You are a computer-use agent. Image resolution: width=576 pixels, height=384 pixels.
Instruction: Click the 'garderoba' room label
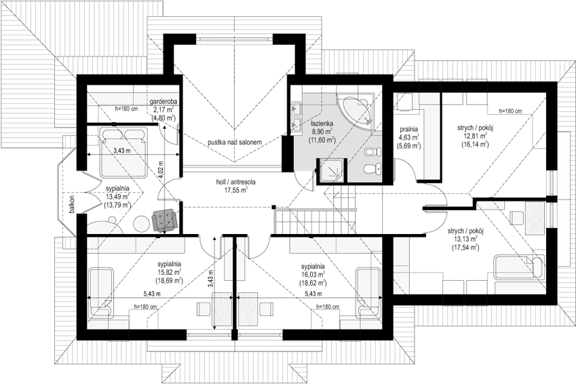pos(164,101)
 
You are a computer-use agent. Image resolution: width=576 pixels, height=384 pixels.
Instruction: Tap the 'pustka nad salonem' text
pos(234,142)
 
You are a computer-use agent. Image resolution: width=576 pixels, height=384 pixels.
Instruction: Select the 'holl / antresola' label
pos(235,182)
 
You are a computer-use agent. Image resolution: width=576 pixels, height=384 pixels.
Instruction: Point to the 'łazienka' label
pos(321,124)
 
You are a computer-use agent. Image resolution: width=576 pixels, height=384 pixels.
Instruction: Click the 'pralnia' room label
pos(409,130)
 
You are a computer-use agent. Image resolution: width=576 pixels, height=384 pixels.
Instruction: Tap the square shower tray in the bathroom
pos(332,170)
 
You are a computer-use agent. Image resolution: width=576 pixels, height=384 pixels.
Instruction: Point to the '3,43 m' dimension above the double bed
pos(122,150)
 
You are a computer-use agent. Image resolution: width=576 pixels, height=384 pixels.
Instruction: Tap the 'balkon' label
pos(72,204)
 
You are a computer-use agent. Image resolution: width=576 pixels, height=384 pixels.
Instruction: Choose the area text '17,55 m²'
pos(235,190)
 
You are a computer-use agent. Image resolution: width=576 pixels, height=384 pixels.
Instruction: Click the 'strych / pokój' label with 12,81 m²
pos(475,128)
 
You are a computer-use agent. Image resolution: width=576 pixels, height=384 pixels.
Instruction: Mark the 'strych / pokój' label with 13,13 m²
pos(465,231)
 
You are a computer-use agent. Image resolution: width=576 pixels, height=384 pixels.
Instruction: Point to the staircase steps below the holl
pos(315,220)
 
